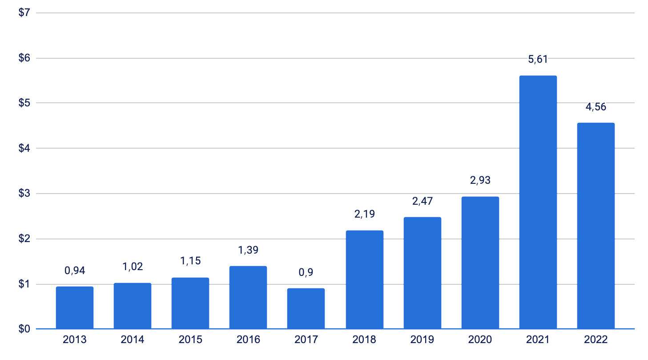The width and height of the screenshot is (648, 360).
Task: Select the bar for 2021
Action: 538,202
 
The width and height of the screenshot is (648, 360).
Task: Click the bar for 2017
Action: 306,308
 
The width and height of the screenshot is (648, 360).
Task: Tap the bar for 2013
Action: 75,307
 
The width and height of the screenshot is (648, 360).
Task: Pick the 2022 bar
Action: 596,226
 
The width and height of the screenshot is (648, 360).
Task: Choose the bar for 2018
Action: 365,279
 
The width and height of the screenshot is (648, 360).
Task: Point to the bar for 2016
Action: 248,297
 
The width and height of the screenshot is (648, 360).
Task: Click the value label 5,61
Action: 538,59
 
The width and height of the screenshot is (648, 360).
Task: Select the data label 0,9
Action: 306,272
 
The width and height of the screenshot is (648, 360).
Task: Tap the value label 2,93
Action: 480,180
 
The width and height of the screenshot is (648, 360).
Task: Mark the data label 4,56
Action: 596,107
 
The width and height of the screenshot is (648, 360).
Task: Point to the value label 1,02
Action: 133,267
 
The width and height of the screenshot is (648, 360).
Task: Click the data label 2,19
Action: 365,214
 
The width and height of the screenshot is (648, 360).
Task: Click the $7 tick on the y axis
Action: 24,12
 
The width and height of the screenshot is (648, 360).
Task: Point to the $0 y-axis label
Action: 24,329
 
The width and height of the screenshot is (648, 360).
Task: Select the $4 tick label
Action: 24,148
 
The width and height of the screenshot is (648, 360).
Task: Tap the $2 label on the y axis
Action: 24,239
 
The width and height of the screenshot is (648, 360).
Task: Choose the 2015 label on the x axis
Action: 190,340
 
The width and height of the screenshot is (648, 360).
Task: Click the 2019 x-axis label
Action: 422,340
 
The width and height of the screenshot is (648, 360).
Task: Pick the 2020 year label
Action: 480,340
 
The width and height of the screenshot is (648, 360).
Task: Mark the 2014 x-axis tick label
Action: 133,340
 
